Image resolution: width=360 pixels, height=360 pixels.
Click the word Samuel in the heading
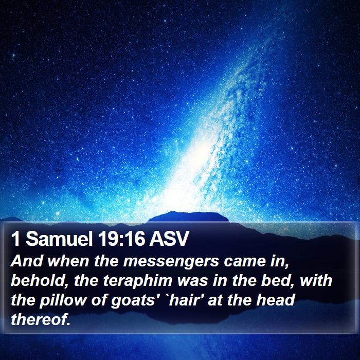pyautogui.click(x=59, y=239)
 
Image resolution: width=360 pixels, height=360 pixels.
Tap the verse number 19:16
pyautogui.click(x=121, y=239)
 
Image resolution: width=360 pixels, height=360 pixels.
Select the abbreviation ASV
pyautogui.click(x=169, y=239)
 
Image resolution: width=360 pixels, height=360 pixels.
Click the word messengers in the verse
pyautogui.click(x=171, y=262)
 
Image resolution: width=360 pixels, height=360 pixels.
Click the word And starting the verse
pyautogui.click(x=27, y=261)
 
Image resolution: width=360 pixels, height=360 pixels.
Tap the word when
pyautogui.click(x=68, y=261)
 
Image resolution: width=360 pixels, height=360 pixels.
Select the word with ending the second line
pyautogui.click(x=316, y=280)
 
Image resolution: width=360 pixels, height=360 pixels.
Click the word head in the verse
pyautogui.click(x=276, y=300)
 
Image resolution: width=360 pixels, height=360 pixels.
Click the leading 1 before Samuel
pyautogui.click(x=15, y=239)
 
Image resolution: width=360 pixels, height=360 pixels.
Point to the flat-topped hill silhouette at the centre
pyautogui.click(x=188, y=217)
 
